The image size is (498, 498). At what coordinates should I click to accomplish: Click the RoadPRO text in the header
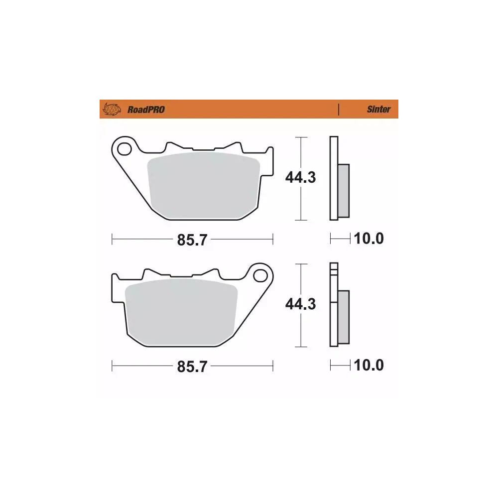pos(146,110)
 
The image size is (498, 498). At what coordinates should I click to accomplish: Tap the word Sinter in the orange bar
pos(378,110)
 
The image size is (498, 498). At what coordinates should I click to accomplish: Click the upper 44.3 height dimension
pos(300,177)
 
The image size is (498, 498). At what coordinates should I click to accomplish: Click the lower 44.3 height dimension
pos(300,304)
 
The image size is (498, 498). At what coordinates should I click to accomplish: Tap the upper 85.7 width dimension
pos(192,240)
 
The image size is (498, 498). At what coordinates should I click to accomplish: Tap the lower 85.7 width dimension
pos(192,367)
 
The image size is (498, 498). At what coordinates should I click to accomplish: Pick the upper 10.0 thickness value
pos(369,239)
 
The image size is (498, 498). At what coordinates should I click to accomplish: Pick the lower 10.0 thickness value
pos(369,366)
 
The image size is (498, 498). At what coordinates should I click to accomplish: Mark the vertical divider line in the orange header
pos(339,110)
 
